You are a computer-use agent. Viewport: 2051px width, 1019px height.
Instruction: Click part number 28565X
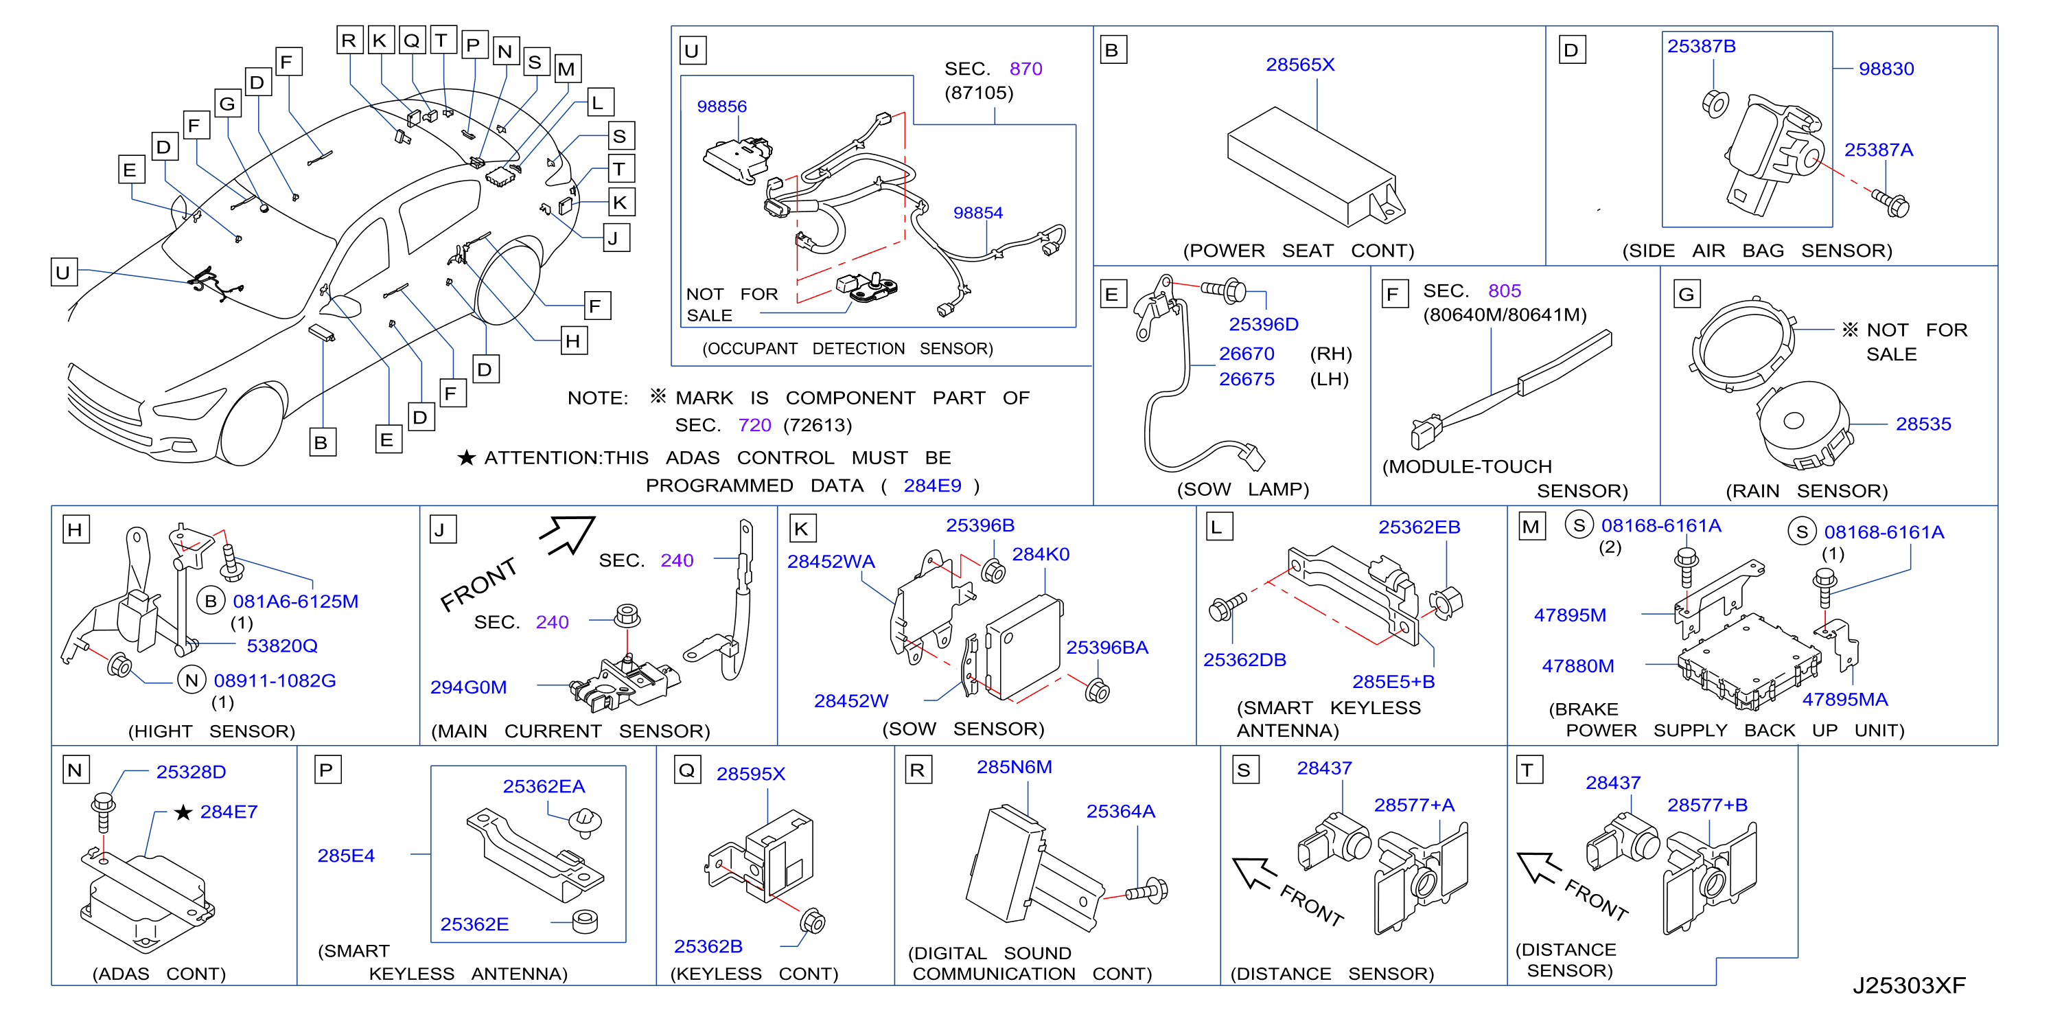click(x=1299, y=65)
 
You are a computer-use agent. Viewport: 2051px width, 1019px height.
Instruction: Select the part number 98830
click(x=1886, y=69)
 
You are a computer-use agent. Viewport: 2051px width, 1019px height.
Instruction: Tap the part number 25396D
click(x=1263, y=324)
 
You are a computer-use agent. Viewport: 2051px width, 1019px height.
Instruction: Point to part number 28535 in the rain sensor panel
click(x=1923, y=424)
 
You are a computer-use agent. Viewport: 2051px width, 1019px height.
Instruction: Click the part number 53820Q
click(x=282, y=645)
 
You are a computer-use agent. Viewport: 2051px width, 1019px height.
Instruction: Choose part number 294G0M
click(x=468, y=687)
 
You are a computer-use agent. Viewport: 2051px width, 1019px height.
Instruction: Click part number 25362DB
click(x=1244, y=660)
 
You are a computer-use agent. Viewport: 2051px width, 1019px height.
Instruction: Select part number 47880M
click(x=1577, y=666)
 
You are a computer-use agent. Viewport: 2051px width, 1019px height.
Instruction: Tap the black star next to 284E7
click(x=183, y=812)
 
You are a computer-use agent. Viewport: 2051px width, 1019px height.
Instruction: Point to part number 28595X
click(x=750, y=774)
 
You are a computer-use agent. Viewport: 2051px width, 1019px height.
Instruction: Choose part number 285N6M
click(x=1014, y=766)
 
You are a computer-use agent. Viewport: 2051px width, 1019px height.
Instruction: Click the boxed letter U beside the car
click(x=63, y=272)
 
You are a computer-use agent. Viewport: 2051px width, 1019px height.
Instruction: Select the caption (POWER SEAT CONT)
click(x=1298, y=251)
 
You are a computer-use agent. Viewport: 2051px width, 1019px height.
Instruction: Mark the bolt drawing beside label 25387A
click(x=1890, y=203)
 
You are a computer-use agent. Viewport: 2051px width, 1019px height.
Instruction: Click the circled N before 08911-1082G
click(x=191, y=680)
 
